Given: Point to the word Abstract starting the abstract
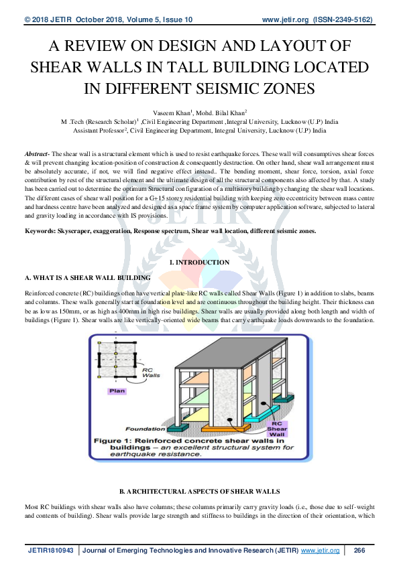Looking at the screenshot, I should coord(36,153).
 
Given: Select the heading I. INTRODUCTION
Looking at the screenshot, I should coord(199,263).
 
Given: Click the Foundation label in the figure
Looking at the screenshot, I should coord(146,429).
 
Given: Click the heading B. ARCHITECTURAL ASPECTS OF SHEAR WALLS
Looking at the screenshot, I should coord(199,491).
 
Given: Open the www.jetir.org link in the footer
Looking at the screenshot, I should coord(321,551).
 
